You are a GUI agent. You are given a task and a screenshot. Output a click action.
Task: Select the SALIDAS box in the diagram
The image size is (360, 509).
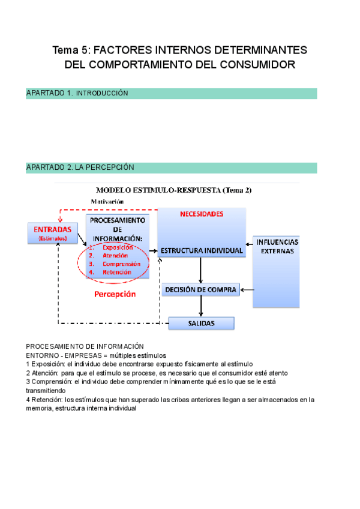click(200, 324)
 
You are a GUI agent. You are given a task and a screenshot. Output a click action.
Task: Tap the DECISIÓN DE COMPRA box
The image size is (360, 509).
click(200, 290)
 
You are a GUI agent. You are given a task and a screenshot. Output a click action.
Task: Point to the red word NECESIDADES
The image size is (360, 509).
click(202, 214)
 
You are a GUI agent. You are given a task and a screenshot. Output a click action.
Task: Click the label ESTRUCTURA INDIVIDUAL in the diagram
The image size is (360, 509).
click(200, 250)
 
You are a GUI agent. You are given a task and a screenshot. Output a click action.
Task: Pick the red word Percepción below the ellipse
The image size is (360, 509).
click(115, 295)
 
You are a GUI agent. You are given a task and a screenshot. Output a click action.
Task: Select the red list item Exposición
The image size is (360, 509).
click(118, 247)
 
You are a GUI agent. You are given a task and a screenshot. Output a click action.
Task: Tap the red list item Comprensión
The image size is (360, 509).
click(121, 264)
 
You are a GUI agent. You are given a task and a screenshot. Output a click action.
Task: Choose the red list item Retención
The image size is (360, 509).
click(116, 273)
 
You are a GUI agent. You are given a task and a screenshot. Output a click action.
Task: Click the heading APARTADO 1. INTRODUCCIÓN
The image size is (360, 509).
click(77, 94)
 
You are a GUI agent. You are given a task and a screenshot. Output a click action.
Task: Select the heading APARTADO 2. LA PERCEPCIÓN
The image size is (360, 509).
click(80, 167)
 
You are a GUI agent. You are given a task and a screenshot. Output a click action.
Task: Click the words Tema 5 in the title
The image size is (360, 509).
click(70, 50)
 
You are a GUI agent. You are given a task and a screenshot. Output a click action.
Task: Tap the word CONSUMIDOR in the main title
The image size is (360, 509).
click(262, 64)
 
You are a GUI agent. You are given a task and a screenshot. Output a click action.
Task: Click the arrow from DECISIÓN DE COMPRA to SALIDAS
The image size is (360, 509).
click(201, 306)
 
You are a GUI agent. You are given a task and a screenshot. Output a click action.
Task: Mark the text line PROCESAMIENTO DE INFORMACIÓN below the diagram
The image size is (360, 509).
click(85, 346)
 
